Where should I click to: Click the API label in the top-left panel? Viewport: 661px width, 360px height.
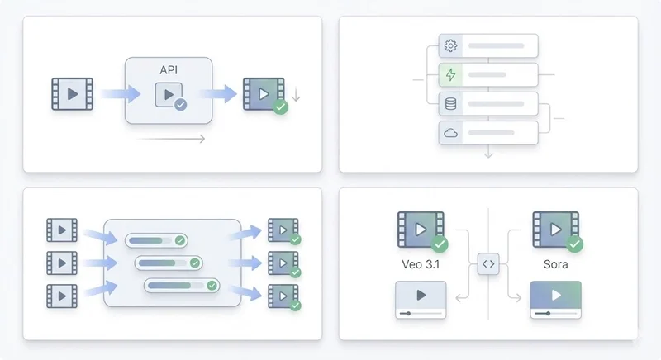click(169, 71)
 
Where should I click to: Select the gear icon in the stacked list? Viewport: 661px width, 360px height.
click(450, 45)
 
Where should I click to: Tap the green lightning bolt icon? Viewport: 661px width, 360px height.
click(450, 75)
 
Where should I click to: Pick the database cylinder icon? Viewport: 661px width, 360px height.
click(450, 104)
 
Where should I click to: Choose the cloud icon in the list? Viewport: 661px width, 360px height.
click(450, 133)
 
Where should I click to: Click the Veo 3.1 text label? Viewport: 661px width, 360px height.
click(421, 266)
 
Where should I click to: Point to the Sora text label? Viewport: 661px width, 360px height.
click(555, 266)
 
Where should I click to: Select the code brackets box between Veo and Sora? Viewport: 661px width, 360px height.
click(488, 264)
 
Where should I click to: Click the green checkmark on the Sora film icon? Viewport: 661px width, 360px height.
click(574, 244)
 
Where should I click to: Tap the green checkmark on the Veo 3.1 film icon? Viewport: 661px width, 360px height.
click(440, 244)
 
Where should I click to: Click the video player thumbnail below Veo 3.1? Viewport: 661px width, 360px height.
click(421, 299)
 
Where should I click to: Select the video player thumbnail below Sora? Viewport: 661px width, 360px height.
click(555, 299)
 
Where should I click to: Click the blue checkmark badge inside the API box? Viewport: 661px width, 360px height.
click(180, 105)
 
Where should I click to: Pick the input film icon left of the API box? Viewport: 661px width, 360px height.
click(73, 94)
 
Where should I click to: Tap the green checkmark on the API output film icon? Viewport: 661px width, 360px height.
click(281, 107)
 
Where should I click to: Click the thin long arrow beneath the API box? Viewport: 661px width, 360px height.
click(171, 140)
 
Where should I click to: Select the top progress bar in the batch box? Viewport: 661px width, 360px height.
click(156, 240)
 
